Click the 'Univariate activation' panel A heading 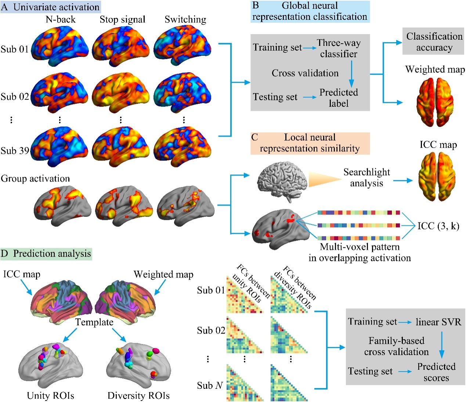click(x=51, y=7)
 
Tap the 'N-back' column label click(x=61, y=19)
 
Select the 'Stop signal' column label click(x=123, y=19)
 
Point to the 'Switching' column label click(x=185, y=19)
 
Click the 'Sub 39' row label click(x=15, y=151)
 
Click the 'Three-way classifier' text click(x=339, y=48)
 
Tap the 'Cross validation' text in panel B click(x=305, y=73)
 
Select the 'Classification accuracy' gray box click(x=434, y=42)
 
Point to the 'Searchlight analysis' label click(x=366, y=178)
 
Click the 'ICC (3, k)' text click(x=438, y=226)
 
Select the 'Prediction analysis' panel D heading click(x=46, y=254)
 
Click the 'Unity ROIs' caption click(x=51, y=395)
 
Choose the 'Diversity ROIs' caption click(x=138, y=395)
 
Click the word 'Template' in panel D click(x=94, y=322)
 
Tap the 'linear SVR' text click(x=438, y=322)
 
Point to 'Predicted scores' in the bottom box click(x=436, y=372)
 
